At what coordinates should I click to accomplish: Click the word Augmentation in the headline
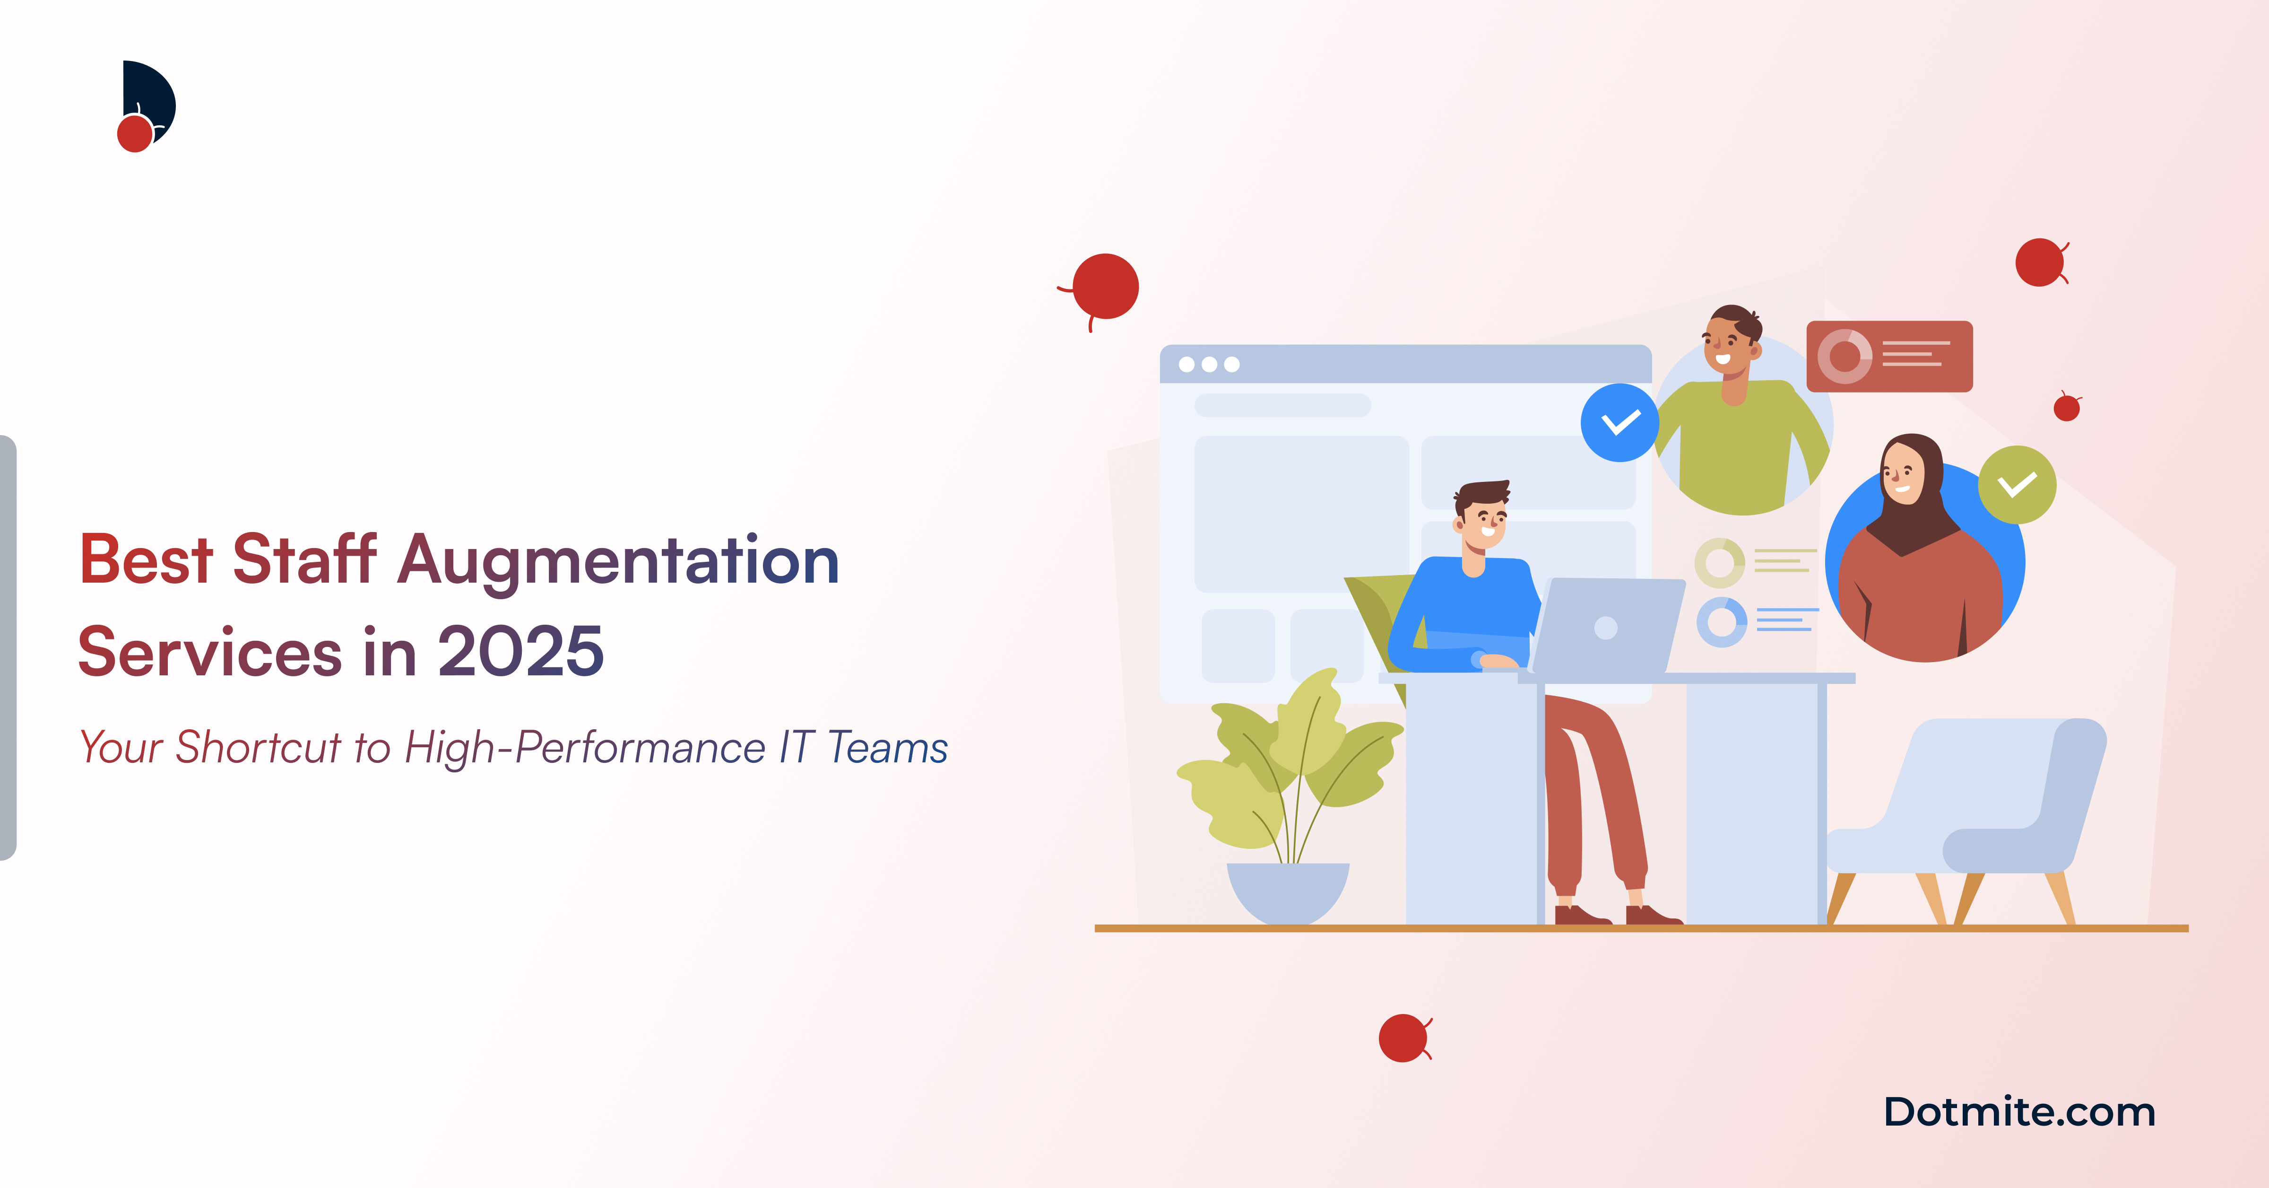(x=618, y=561)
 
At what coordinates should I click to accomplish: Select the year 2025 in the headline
(x=520, y=652)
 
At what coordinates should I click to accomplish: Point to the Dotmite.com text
(x=2019, y=1112)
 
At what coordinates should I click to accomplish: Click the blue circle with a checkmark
(x=1619, y=423)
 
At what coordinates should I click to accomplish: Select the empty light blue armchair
(x=1973, y=811)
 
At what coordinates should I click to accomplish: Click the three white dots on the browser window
(x=1209, y=364)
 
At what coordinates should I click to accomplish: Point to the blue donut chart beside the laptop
(x=1721, y=622)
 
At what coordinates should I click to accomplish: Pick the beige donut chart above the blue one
(x=1719, y=562)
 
